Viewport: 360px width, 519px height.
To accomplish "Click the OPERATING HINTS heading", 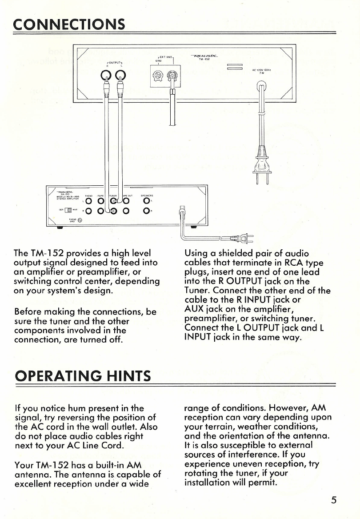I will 83,377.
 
